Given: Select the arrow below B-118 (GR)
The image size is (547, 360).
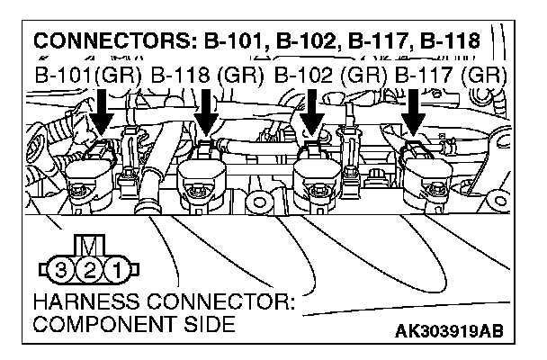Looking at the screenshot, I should click(208, 112).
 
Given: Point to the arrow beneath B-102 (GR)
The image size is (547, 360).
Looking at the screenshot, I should click(311, 112).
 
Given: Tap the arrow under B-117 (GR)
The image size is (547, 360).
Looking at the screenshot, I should click(415, 112).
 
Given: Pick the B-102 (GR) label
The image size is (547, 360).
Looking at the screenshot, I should click(330, 75).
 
